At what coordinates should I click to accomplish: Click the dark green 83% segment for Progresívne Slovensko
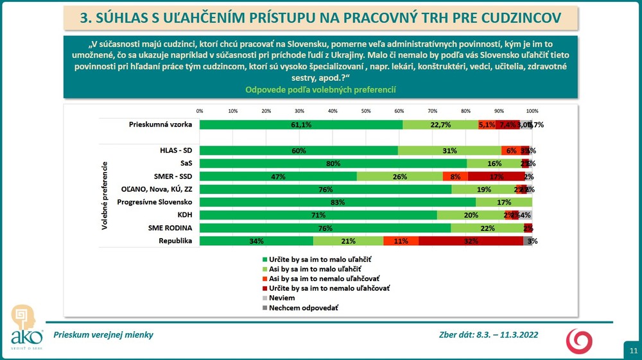338,202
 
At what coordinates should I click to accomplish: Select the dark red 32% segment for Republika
471,241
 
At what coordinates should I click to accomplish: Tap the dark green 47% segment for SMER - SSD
278,176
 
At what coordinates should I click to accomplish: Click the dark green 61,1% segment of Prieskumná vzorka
301,124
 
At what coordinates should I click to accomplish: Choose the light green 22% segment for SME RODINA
487,228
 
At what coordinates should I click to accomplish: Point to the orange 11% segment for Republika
401,241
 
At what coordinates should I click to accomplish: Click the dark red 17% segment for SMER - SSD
496,176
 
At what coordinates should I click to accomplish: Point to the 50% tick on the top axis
366,111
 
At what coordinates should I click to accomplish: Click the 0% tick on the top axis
200,111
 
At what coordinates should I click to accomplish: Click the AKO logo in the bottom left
26,328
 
